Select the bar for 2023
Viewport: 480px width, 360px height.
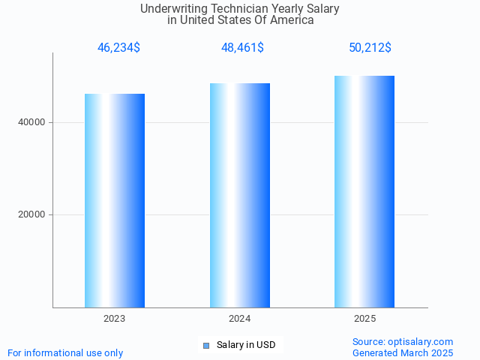point(115,200)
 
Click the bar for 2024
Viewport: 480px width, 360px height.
point(240,195)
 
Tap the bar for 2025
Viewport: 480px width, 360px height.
point(364,191)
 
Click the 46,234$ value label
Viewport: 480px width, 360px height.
point(118,47)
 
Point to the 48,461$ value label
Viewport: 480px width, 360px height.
point(242,47)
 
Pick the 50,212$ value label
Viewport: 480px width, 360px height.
point(370,47)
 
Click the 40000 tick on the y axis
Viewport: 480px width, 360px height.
point(31,122)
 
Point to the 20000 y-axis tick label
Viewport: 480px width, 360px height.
point(31,214)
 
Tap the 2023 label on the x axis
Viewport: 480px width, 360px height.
point(115,319)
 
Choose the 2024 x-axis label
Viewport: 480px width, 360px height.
point(240,319)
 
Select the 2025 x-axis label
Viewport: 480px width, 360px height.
point(364,319)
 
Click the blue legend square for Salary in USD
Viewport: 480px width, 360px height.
point(206,345)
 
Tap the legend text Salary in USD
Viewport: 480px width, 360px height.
point(246,345)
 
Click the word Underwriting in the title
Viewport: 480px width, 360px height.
point(171,9)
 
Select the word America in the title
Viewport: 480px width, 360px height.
point(292,20)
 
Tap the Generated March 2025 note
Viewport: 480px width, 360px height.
point(403,352)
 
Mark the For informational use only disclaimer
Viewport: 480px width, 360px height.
point(65,352)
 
